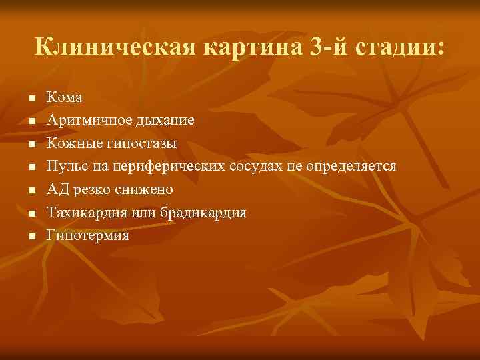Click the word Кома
coord(64,97)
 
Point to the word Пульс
coord(65,166)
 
